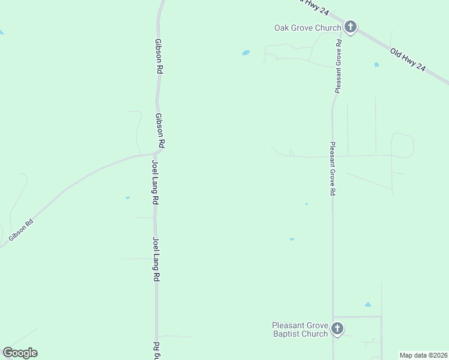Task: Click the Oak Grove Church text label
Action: pyautogui.click(x=307, y=28)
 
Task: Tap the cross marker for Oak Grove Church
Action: pyautogui.click(x=351, y=27)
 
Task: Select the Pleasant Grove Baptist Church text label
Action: pyautogui.click(x=300, y=329)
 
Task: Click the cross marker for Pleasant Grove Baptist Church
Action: pyautogui.click(x=337, y=329)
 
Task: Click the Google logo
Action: pyautogui.click(x=20, y=353)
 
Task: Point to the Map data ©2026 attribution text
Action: pyautogui.click(x=423, y=355)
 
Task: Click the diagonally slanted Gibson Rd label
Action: pyautogui.click(x=21, y=230)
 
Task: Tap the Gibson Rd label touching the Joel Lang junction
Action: pyautogui.click(x=160, y=131)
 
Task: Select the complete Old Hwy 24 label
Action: pyautogui.click(x=408, y=61)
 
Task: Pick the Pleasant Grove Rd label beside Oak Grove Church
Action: pyautogui.click(x=339, y=66)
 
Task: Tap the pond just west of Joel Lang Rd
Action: pyautogui.click(x=127, y=197)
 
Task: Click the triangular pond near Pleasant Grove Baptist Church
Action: pyautogui.click(x=367, y=305)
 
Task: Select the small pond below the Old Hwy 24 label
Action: pyautogui.click(x=376, y=64)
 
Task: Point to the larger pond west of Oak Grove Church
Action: pyautogui.click(x=246, y=53)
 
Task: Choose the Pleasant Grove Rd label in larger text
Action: pyautogui.click(x=332, y=169)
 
